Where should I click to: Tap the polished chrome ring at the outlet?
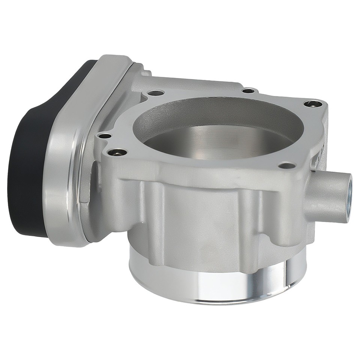coord(217,285)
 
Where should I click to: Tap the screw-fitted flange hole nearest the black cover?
coord(117,153)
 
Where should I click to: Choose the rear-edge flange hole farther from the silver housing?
coord(248,90)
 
